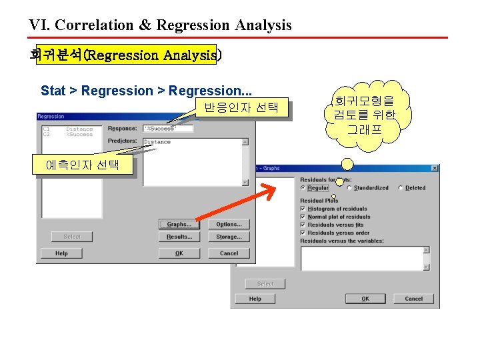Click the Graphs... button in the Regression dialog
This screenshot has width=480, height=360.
(179, 225)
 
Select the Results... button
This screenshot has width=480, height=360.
(179, 237)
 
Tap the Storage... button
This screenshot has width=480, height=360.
(229, 237)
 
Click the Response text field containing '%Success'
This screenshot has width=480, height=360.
(167, 129)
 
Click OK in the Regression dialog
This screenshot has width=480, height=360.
(179, 253)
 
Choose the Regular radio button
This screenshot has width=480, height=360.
(303, 188)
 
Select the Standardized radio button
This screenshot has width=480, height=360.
(349, 188)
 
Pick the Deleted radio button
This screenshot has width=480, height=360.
(400, 188)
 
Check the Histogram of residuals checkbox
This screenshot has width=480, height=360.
(303, 209)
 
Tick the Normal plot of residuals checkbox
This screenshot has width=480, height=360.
(303, 217)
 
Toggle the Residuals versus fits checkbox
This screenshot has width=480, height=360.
(303, 225)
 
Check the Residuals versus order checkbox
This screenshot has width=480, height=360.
(303, 233)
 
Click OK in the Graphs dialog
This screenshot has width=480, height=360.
(365, 299)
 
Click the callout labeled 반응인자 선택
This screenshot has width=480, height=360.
(241, 107)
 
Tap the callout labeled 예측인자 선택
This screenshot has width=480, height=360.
(83, 165)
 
